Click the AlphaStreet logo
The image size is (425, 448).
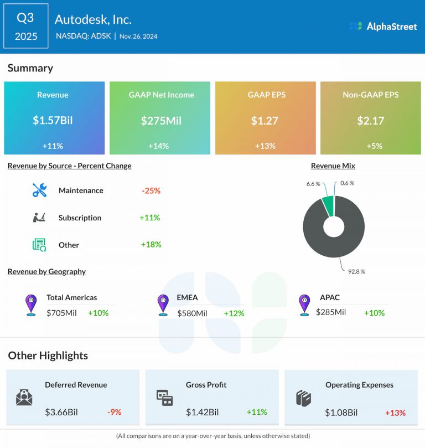(x=383, y=26)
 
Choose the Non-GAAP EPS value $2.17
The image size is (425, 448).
(x=371, y=121)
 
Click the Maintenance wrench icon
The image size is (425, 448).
(x=40, y=190)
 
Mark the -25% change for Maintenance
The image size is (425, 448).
(x=151, y=190)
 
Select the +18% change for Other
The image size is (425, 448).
(x=151, y=244)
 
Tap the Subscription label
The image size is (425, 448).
(x=80, y=218)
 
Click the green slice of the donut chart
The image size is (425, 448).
(x=329, y=205)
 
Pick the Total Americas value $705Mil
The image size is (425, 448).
(x=61, y=313)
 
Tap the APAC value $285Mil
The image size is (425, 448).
(x=331, y=312)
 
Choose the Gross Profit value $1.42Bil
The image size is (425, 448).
(x=203, y=412)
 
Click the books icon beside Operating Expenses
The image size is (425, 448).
(x=304, y=398)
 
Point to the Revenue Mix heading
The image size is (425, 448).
(x=333, y=166)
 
